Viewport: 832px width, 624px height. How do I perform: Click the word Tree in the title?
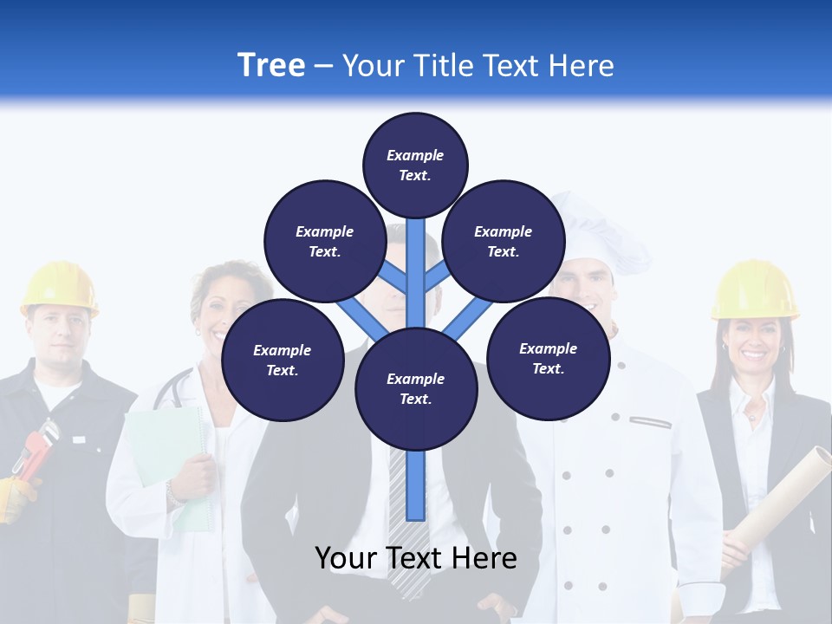point(271,65)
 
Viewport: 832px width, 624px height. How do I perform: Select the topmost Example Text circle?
point(415,165)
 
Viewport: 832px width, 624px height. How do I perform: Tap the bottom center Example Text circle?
point(416,389)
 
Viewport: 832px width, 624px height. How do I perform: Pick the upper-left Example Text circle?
point(325,242)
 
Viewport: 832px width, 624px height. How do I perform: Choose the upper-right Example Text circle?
point(504,242)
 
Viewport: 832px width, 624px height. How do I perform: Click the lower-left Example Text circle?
point(283,361)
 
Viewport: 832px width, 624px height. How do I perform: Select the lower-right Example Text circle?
point(549,359)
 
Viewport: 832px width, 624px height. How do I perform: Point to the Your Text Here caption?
point(416,558)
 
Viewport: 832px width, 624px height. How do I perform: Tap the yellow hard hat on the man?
point(59,286)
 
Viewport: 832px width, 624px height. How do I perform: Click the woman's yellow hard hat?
point(754,289)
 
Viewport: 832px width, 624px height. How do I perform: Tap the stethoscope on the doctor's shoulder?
point(169,390)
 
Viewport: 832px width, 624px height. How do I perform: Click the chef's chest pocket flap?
point(651,421)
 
